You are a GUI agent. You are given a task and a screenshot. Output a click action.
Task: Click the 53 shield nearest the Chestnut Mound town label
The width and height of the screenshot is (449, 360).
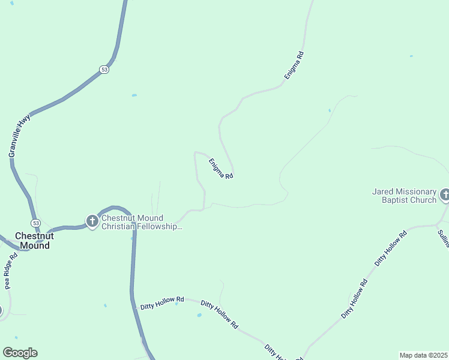pyautogui.click(x=36, y=223)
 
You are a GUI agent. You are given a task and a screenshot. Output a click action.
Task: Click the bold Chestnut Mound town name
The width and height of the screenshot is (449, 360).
pyautogui.click(x=35, y=241)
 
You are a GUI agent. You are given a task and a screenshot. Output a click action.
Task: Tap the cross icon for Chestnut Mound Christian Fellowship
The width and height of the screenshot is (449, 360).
pyautogui.click(x=92, y=222)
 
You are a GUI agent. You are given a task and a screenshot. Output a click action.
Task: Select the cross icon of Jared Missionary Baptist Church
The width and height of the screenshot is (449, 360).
pyautogui.click(x=445, y=195)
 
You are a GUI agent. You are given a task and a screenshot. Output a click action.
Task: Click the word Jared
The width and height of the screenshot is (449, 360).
pyautogui.click(x=383, y=191)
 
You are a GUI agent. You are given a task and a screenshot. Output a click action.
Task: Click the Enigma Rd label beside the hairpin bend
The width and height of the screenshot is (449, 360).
pyautogui.click(x=220, y=168)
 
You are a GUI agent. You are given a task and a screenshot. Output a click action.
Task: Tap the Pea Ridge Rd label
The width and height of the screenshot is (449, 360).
pyautogui.click(x=11, y=271)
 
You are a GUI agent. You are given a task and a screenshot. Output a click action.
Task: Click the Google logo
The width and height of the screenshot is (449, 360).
pyautogui.click(x=20, y=353)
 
